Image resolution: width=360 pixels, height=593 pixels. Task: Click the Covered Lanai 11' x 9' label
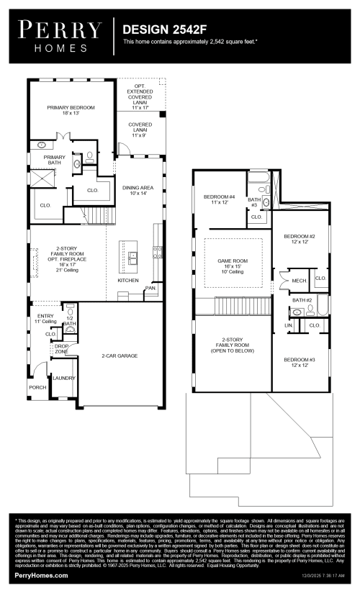pyautogui.click(x=140, y=130)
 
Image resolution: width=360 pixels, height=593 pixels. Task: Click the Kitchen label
pyautogui.click(x=128, y=279)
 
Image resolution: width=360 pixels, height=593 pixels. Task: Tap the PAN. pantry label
pyautogui.click(x=150, y=288)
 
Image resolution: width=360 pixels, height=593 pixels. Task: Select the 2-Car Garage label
pyautogui.click(x=120, y=356)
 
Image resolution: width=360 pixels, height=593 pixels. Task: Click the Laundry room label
pyautogui.click(x=63, y=377)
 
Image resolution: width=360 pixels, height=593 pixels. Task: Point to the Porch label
pyautogui.click(x=37, y=386)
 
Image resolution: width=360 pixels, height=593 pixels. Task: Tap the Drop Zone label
pyautogui.click(x=62, y=348)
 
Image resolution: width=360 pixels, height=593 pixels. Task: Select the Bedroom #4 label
pyautogui.click(x=220, y=199)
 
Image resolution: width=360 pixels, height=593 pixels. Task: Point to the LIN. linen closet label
pyautogui.click(x=288, y=325)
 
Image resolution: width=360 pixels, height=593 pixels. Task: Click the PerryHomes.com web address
pyautogui.click(x=42, y=575)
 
